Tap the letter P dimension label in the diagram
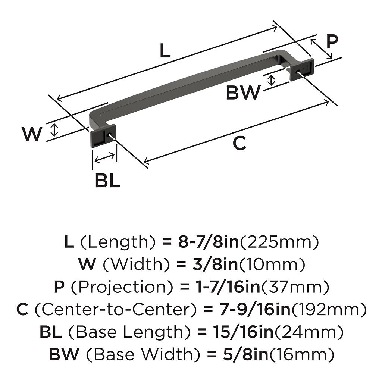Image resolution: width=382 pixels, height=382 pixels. pos(332,42)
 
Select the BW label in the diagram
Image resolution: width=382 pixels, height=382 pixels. pos(242,93)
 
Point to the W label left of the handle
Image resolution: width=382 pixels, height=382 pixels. pos(31,134)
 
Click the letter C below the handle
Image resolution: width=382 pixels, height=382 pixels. pos(239,143)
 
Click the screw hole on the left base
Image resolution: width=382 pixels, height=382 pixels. pos(109,134)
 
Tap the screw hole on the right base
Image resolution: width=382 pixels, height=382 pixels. pos(298,71)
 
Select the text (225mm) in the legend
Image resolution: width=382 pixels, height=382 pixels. pos(279,243)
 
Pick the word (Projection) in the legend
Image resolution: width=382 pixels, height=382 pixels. pos(122,287)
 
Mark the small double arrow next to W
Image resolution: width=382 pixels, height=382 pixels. pos(55,130)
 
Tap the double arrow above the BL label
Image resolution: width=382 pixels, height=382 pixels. pos(105,158)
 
